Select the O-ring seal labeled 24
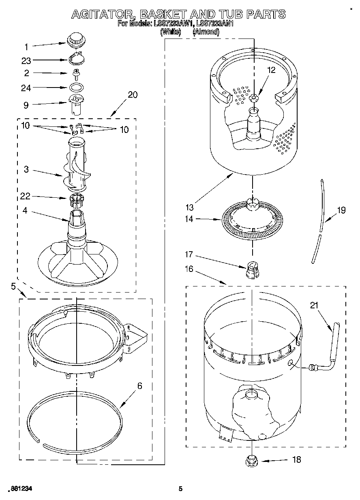[x=76, y=87]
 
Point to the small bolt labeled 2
[x=75, y=73]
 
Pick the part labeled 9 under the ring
[x=75, y=104]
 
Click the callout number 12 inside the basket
[x=271, y=70]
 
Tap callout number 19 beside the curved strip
[x=341, y=210]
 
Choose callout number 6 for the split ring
[x=139, y=386]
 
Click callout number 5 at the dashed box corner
[x=13, y=287]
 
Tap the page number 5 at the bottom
[x=180, y=489]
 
